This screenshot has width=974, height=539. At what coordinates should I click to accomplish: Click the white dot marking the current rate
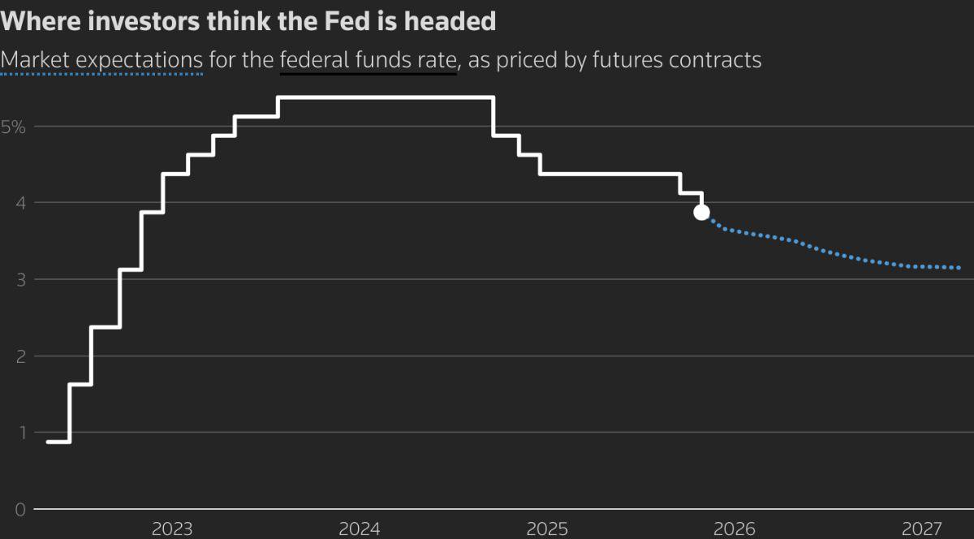pos(701,213)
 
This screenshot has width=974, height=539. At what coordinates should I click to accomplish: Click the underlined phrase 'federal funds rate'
pos(368,59)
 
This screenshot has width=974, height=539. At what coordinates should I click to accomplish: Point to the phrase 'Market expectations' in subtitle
pos(101,59)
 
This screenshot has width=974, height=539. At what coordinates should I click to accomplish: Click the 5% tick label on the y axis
pos(14,127)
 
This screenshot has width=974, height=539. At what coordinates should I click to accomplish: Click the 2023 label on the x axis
pos(172,529)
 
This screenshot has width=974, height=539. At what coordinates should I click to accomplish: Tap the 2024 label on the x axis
pos(360,529)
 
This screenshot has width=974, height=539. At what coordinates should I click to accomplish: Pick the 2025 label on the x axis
pos(547,529)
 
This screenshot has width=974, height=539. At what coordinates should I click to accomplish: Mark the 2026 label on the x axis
pos(734,529)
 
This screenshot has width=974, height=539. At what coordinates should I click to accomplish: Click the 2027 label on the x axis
pos(921,529)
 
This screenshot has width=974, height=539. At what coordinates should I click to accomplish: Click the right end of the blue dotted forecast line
pos(959,268)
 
